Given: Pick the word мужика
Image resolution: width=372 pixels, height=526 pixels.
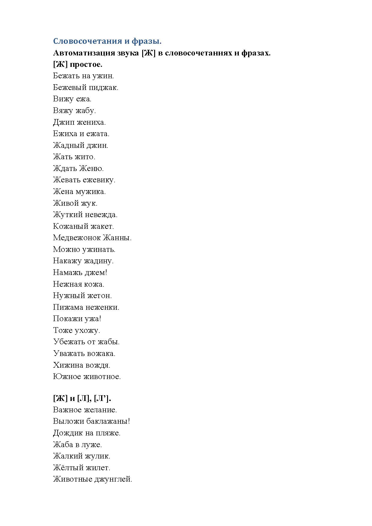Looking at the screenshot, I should pyautogui.click(x=91, y=192).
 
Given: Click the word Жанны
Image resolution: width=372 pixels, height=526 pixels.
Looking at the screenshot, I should pyautogui.click(x=117, y=238).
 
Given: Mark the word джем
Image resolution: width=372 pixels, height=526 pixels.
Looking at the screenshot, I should pyautogui.click(x=95, y=273).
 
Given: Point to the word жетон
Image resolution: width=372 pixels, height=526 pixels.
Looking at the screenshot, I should pyautogui.click(x=99, y=296).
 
